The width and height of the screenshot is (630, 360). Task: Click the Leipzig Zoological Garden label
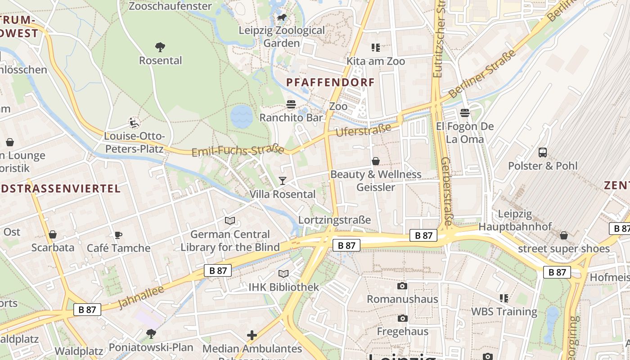click(282, 37)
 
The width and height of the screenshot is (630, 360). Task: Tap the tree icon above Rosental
click(160, 47)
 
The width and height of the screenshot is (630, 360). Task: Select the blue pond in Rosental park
click(242, 116)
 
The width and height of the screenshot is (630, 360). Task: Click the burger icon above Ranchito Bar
click(291, 105)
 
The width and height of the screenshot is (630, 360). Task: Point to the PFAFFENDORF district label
click(331, 82)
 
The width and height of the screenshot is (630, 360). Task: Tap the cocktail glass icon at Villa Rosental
click(283, 181)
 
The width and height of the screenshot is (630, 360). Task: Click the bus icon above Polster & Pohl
click(543, 153)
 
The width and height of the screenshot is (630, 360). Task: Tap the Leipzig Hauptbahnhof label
click(515, 220)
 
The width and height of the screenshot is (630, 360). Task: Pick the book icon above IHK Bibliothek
click(283, 274)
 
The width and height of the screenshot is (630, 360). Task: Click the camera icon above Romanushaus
click(402, 286)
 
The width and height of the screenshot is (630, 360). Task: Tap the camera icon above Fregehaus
click(402, 319)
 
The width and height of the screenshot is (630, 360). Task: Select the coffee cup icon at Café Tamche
click(118, 235)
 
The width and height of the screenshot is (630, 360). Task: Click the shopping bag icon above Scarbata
click(53, 235)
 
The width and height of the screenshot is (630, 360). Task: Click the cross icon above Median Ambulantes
click(252, 335)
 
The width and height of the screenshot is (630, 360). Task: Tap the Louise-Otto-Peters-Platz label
click(134, 142)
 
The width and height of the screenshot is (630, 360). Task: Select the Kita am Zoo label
click(376, 61)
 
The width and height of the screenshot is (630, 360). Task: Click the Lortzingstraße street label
click(334, 220)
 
